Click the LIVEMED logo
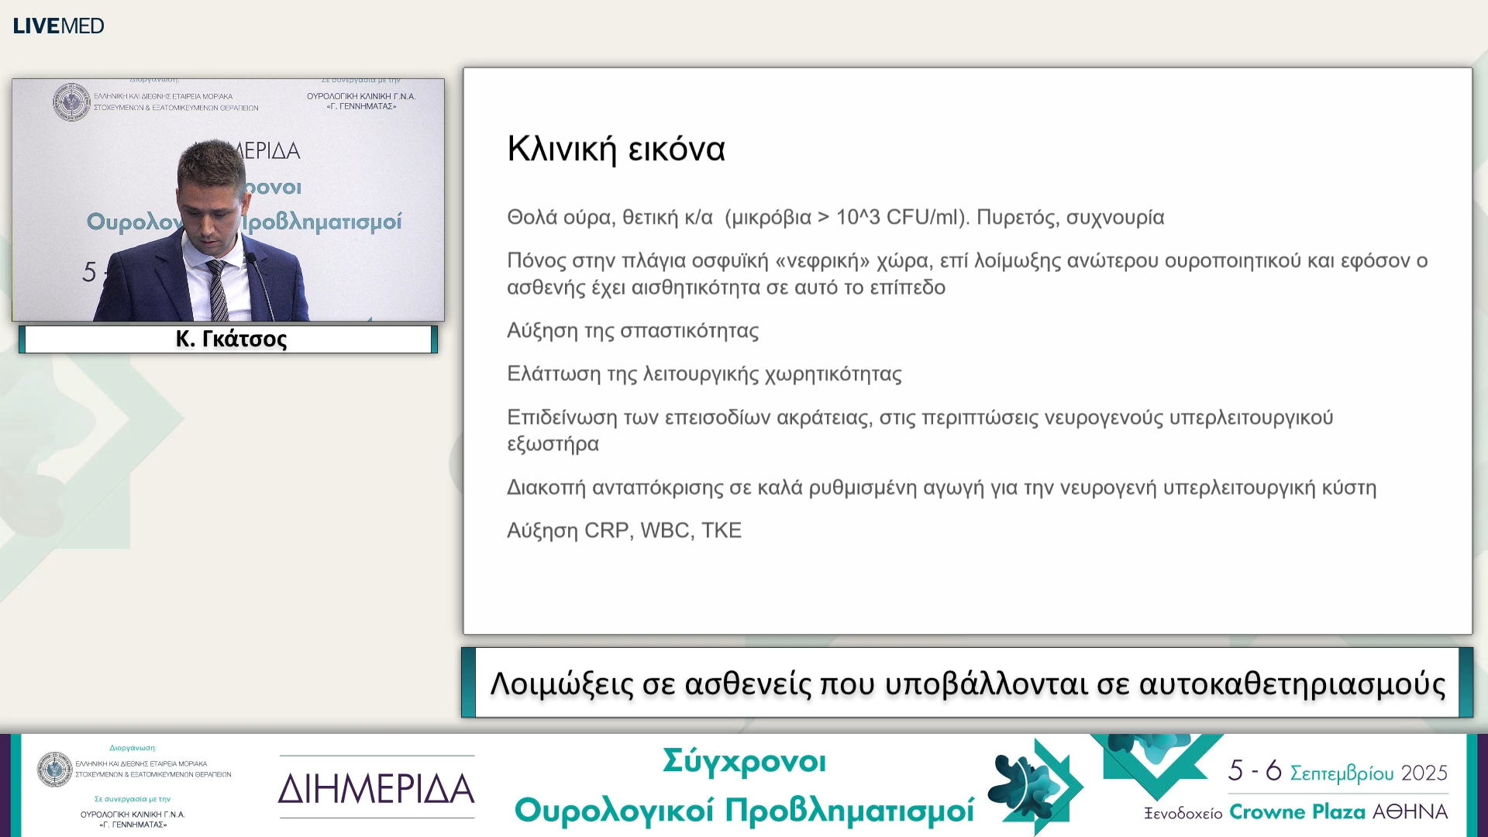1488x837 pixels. point(58,26)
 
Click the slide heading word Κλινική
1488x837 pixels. point(562,149)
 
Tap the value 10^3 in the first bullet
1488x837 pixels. point(858,217)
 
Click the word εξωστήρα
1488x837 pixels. point(553,445)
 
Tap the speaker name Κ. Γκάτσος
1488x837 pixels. point(231,339)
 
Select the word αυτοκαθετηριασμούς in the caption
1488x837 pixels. point(1292,684)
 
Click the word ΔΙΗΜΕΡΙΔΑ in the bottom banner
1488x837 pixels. point(377,789)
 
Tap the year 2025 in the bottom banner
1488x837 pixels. point(1424,773)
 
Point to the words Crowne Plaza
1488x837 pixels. point(1297,812)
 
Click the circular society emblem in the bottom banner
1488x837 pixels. point(55,770)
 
